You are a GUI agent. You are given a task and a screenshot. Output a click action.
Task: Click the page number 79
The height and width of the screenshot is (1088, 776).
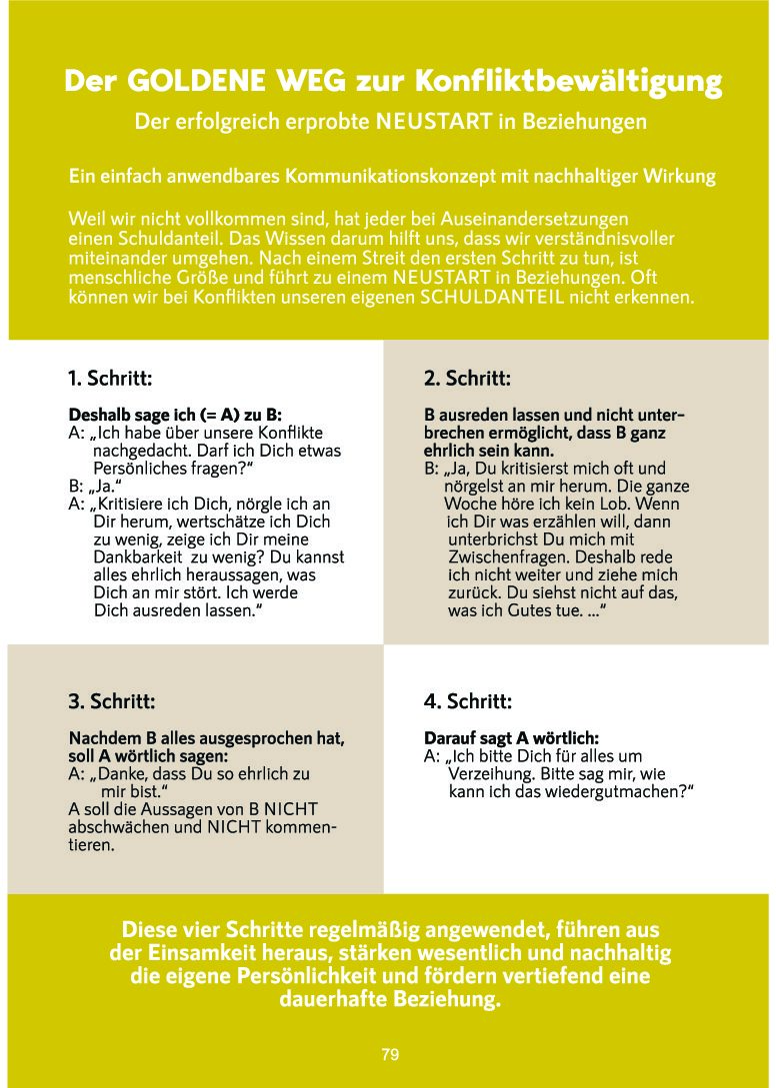coord(390,1054)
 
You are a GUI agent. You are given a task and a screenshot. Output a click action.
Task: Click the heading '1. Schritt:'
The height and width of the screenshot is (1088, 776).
coord(110,379)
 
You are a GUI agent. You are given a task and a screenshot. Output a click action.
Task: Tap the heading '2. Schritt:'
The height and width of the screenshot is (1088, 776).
coord(467,379)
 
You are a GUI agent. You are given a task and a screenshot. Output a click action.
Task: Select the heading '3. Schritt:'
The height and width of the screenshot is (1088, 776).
coord(111,701)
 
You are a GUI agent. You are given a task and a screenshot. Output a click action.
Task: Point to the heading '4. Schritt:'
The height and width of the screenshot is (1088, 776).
coord(468,701)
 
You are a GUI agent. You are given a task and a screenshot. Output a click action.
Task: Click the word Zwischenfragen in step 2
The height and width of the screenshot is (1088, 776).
coord(503,556)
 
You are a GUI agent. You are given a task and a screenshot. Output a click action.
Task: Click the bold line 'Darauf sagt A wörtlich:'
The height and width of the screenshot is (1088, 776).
coord(511,738)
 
